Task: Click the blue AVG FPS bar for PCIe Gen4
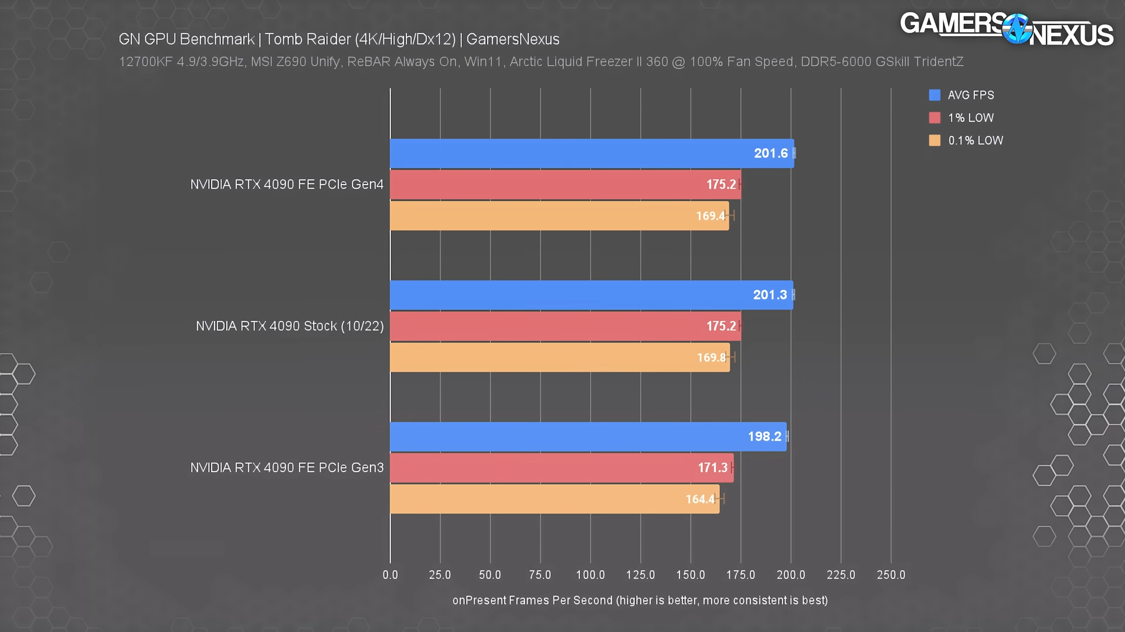586,153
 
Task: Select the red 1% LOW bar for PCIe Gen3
557,468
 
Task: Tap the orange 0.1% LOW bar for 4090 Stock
557,357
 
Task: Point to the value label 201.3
770,295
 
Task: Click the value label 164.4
700,500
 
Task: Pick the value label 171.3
712,468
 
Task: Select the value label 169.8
711,358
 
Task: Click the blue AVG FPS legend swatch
934,95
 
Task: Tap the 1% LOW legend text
971,118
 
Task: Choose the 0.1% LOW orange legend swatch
934,141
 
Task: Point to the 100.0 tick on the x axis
590,575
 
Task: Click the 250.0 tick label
891,575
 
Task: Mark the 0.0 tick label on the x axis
390,575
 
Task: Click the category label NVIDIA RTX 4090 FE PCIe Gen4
287,185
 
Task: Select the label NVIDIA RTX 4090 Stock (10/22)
290,326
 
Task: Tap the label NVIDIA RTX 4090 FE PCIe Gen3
287,468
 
